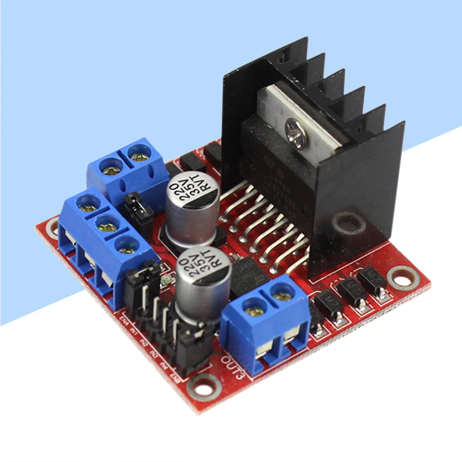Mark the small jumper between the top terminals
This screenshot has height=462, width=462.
[137, 206]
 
